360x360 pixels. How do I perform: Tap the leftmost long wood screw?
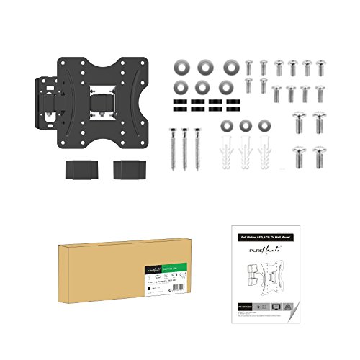173,147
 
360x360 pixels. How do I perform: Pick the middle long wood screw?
185,147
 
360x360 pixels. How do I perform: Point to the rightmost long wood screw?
197,147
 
